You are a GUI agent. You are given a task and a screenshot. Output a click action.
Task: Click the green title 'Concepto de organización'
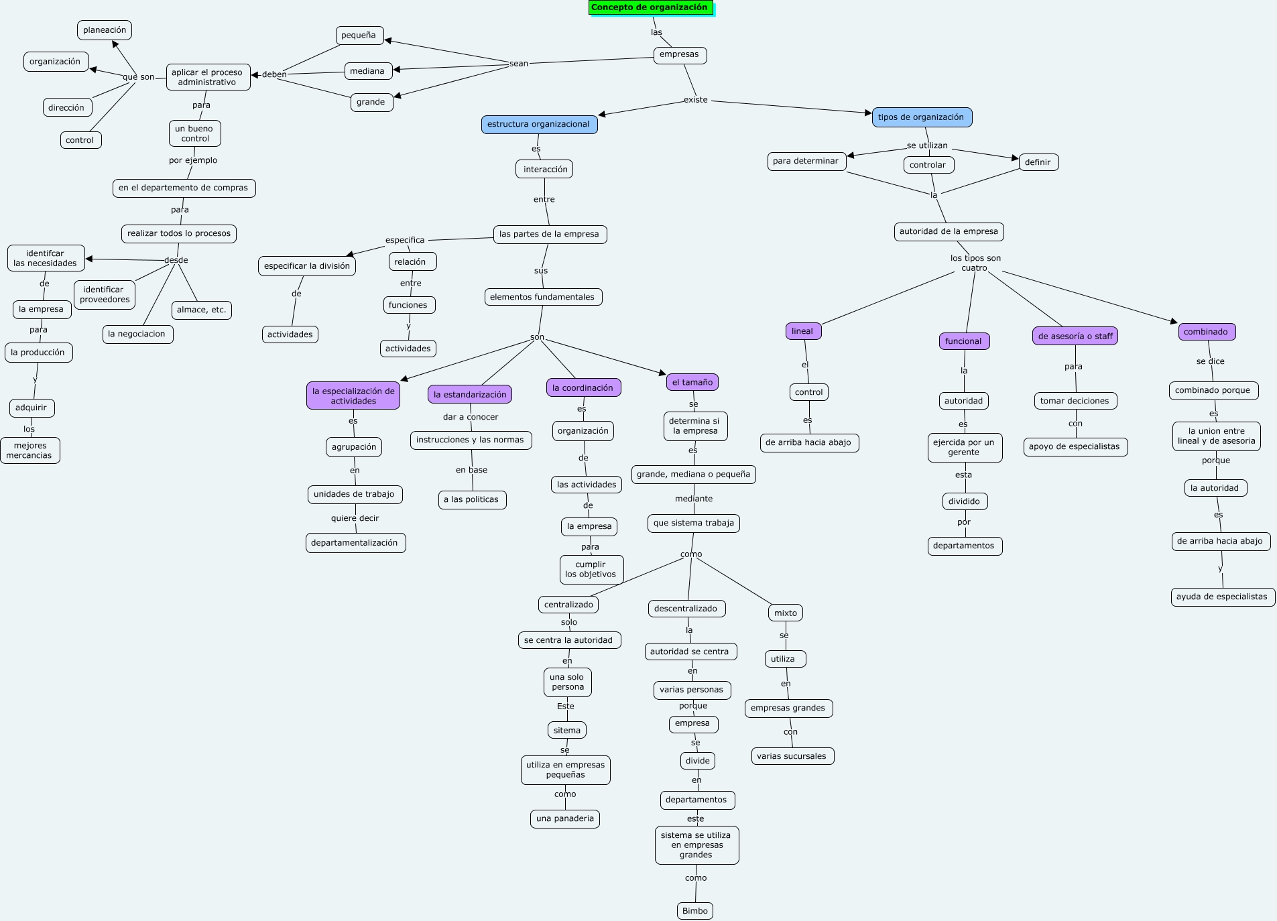[650, 8]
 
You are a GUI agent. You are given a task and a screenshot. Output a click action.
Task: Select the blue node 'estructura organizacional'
[538, 125]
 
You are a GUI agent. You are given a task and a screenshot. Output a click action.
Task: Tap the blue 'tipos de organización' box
[920, 117]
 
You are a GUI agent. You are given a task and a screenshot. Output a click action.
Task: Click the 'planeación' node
[105, 30]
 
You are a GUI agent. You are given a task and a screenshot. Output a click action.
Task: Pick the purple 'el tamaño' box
[692, 383]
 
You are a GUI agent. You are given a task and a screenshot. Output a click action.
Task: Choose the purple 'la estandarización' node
[470, 395]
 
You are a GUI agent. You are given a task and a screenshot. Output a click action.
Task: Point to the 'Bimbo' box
[694, 911]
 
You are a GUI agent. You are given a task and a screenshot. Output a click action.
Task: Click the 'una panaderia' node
[565, 818]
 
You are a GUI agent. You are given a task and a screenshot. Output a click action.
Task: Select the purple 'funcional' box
[963, 341]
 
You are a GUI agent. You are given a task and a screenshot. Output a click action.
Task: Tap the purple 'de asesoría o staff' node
[1075, 336]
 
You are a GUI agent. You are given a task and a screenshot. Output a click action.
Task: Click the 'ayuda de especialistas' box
[1221, 597]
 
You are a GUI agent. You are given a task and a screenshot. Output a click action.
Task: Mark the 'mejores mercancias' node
[29, 450]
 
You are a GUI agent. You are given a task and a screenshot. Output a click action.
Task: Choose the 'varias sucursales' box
[791, 756]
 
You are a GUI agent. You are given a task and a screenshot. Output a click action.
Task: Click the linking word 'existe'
[696, 100]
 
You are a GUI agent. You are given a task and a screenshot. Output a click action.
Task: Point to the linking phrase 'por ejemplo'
[193, 160]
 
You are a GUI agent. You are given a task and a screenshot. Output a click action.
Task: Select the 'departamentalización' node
[355, 543]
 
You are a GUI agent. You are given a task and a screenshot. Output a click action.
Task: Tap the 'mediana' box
[367, 71]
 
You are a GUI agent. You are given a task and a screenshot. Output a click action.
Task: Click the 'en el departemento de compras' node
[184, 188]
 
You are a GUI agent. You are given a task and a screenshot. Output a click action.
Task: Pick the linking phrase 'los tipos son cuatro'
[975, 263]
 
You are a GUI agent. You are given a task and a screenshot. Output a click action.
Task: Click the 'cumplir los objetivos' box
[591, 569]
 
